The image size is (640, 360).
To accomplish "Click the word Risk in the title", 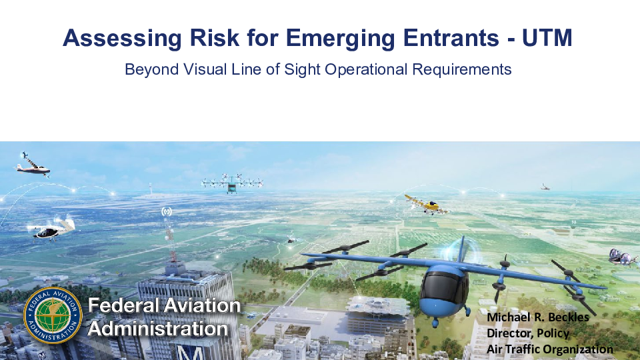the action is click(214, 37).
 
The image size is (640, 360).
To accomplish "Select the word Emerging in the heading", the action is click(341, 39).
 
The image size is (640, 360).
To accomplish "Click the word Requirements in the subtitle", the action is click(461, 70).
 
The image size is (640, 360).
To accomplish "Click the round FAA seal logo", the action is click(53, 315).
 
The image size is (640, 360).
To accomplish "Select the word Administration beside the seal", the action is click(157, 329).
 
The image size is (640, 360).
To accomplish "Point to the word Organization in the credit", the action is click(578, 349).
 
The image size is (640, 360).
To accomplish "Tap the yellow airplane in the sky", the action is click(427, 205).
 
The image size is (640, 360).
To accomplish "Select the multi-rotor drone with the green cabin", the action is click(232, 183).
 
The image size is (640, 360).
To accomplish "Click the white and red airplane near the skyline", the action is click(33, 165).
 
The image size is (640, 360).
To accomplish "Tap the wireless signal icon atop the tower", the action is click(166, 211).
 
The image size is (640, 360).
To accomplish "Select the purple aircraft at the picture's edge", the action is click(623, 257).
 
